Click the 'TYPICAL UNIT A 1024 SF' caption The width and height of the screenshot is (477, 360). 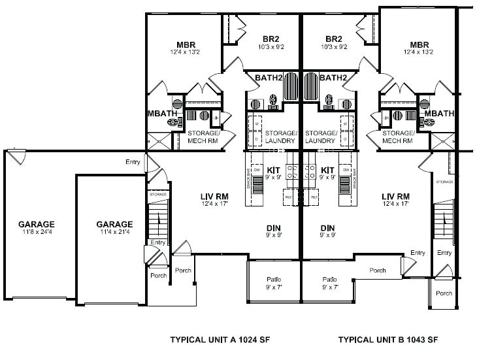click(x=229, y=340)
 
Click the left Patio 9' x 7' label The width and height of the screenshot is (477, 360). click(x=274, y=282)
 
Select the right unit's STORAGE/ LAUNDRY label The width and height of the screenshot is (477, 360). click(x=321, y=137)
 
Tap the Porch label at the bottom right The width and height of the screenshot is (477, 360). click(x=444, y=293)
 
